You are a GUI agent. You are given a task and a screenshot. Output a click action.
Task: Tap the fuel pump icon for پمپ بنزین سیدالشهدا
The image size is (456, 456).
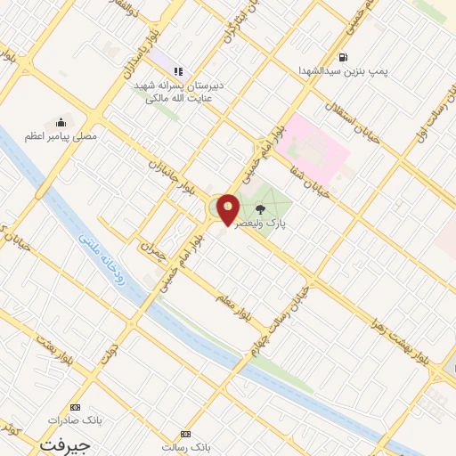coord(344,58)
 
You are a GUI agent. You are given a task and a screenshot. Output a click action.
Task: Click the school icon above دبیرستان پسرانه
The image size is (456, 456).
coord(178,70)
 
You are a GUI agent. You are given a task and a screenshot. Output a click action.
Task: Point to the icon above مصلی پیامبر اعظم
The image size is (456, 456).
coord(61,122)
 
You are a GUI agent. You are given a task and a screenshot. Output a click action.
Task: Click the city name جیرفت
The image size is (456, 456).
coord(58,442)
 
